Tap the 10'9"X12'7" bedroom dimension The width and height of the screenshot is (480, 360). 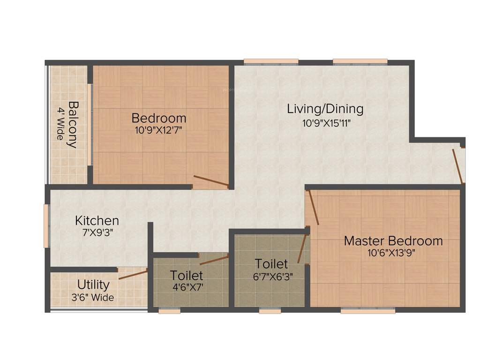(x=158, y=130)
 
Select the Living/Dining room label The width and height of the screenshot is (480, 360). (x=325, y=109)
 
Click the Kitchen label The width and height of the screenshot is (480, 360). (x=97, y=220)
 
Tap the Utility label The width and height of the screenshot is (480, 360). (x=93, y=285)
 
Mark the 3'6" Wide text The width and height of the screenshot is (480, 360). (x=93, y=297)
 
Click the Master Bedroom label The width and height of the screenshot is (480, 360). (x=393, y=241)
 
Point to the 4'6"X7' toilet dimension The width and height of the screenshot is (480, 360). (x=187, y=286)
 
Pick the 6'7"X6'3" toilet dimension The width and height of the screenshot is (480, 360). (x=274, y=276)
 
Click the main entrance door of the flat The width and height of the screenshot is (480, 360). (x=458, y=166)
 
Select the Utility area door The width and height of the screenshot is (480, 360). (x=133, y=274)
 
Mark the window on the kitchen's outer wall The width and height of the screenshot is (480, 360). (x=46, y=225)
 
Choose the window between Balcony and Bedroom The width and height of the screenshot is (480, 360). (x=90, y=124)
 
